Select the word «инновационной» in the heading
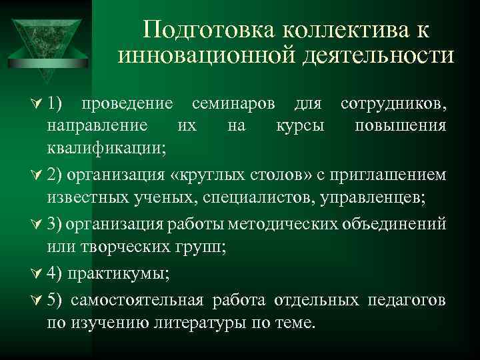pos(198,56)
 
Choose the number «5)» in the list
pos(55,301)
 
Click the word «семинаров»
pos(233,104)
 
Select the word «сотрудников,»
pos(393,104)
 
